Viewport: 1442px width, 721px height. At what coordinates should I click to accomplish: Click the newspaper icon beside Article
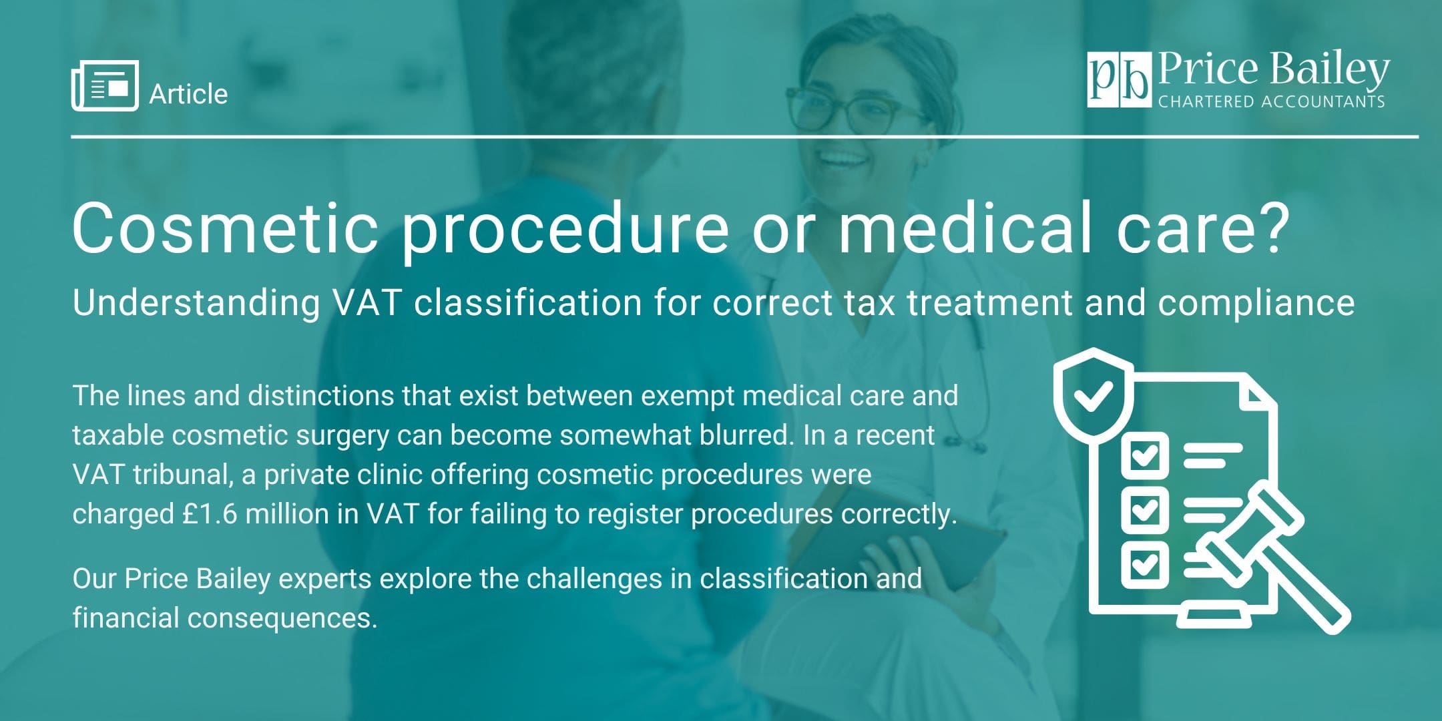coord(105,86)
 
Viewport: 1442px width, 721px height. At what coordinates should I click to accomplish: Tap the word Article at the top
coord(188,94)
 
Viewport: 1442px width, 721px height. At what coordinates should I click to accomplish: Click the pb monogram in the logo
coord(1119,80)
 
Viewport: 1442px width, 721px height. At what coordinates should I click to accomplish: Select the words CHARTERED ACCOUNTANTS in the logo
coord(1271,102)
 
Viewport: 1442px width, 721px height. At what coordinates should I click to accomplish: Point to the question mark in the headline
coord(1266,228)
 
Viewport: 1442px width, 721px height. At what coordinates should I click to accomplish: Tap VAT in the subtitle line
coord(367,302)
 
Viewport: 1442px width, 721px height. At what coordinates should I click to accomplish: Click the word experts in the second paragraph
coord(324,579)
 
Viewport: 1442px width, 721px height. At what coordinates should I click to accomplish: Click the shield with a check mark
coord(1093,395)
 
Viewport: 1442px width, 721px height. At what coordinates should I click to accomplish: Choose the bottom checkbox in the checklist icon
coord(1144,565)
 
